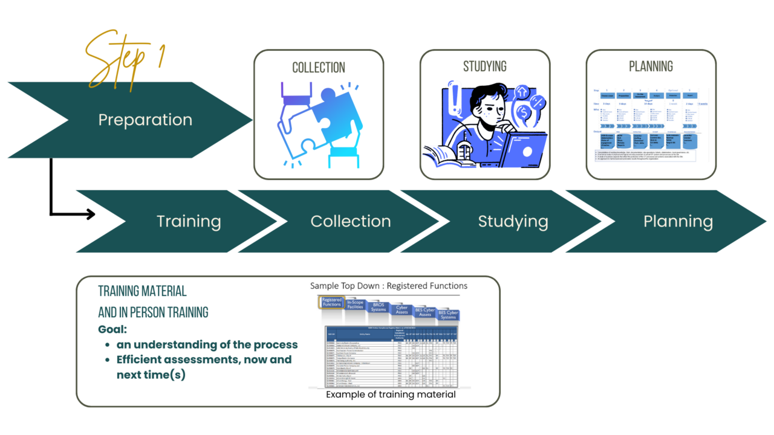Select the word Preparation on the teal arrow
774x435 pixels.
coord(145,120)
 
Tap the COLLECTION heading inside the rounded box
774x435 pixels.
coord(319,67)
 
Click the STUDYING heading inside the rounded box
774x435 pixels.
coord(485,66)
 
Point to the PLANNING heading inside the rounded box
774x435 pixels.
coord(651,66)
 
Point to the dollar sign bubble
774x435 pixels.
coord(524,113)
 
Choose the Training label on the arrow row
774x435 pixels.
coord(189,222)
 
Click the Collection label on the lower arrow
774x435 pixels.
coord(351,222)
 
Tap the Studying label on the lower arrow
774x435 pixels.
coord(513,222)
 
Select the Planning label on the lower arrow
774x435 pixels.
coord(678,222)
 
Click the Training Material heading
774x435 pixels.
coord(142,291)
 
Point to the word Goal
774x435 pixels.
coord(112,330)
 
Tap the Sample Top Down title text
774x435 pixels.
coord(389,286)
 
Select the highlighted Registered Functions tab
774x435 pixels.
coord(332,302)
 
